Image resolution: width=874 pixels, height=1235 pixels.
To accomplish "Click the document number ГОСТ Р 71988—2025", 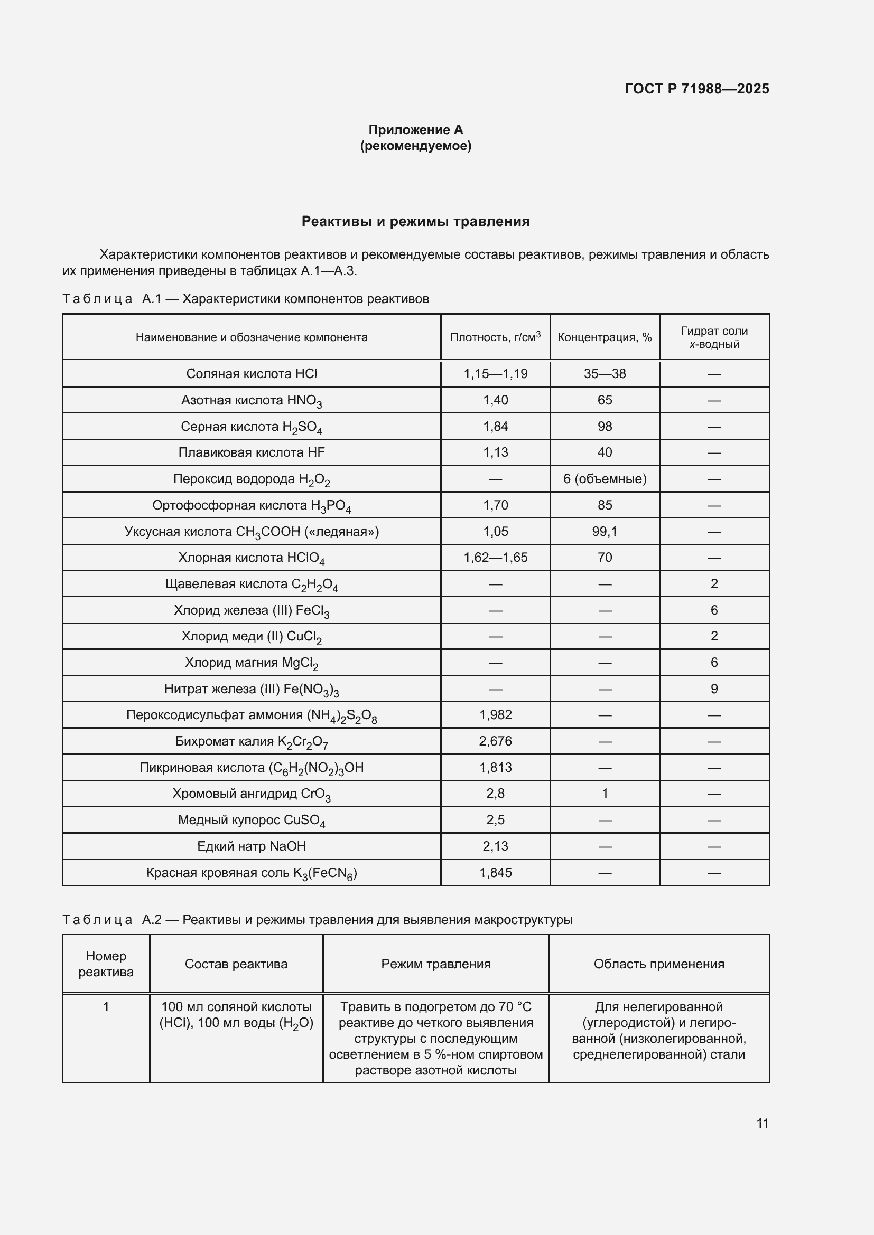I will tap(696, 89).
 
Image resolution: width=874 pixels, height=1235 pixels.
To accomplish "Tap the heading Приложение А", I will tap(415, 130).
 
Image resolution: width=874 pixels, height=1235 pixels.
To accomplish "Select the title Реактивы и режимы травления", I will tap(415, 221).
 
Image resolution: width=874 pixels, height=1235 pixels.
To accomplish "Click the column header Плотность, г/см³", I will tap(495, 337).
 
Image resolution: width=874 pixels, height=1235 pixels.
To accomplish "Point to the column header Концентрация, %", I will tap(605, 337).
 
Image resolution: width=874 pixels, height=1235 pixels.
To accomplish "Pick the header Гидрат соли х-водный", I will tap(714, 337).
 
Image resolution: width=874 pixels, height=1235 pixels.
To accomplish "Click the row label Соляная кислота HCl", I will tap(252, 374).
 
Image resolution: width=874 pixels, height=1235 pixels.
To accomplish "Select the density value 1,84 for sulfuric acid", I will tap(495, 427).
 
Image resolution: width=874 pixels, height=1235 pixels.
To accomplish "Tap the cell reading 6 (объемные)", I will tap(605, 479).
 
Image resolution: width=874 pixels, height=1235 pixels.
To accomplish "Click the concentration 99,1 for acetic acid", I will tap(605, 532).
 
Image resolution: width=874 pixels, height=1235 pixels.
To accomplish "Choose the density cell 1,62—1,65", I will tap(495, 557).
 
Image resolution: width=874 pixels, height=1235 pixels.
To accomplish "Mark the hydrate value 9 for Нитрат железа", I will tap(714, 689).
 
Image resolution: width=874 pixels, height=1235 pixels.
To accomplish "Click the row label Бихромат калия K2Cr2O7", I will tap(252, 741).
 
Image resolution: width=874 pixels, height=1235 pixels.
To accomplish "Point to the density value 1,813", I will tap(495, 768).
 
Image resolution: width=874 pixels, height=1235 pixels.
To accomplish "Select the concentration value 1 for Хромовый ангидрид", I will tap(605, 794).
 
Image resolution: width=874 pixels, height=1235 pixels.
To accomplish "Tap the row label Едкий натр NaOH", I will tap(252, 846).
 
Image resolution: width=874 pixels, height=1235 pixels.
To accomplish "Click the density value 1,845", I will tap(495, 872).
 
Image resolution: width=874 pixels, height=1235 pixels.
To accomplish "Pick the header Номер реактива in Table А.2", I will tap(106, 964).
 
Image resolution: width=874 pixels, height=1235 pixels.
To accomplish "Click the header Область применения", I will tap(659, 964).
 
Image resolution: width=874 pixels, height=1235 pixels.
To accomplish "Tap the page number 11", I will tap(762, 1123).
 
